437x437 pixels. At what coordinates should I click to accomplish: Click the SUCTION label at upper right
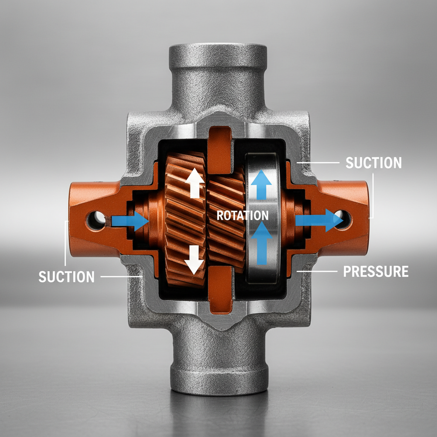[373, 163]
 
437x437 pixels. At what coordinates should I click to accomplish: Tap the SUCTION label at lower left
[66, 277]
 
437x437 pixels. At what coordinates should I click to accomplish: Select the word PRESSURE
[376, 271]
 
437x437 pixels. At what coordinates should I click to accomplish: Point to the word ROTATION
[242, 216]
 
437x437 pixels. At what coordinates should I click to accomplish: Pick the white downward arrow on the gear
[195, 260]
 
